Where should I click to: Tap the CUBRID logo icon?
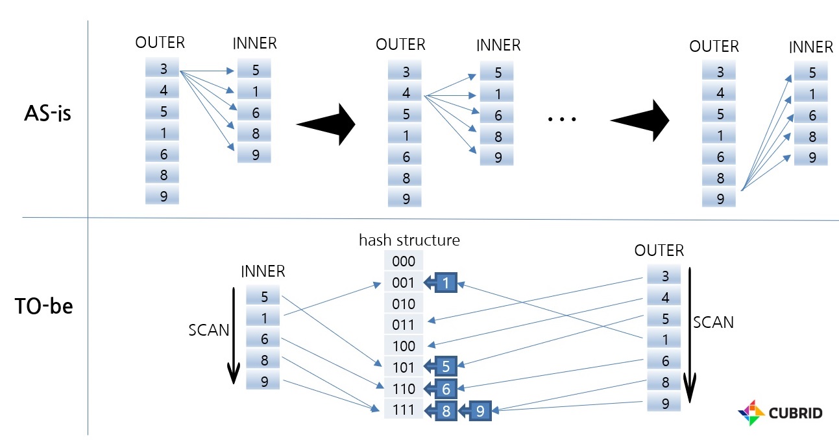(x=752, y=413)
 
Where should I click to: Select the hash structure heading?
(x=409, y=240)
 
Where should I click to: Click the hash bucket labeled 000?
(x=403, y=261)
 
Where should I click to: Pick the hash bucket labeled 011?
(x=403, y=325)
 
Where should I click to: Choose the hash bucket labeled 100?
(x=403, y=346)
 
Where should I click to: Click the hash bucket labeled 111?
(x=403, y=410)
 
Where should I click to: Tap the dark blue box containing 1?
(x=446, y=283)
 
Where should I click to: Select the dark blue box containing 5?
(x=446, y=367)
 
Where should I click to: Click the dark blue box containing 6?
(x=446, y=389)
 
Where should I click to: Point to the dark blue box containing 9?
(x=480, y=410)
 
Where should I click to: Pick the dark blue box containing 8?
(x=446, y=410)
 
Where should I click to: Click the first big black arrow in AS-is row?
(x=326, y=123)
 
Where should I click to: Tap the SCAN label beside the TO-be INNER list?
(x=208, y=330)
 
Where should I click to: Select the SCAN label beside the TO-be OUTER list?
(x=713, y=322)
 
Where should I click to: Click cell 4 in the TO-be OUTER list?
(x=663, y=297)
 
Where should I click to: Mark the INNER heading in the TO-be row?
(x=263, y=271)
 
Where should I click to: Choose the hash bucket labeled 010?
(x=403, y=303)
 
